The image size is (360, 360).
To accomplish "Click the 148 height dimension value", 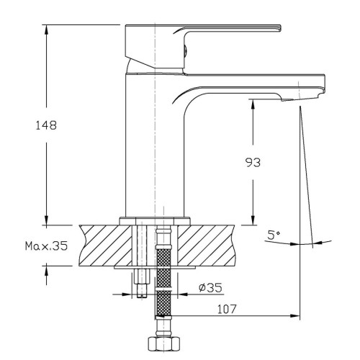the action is (46, 125).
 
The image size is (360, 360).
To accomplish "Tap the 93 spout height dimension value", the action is (253, 163).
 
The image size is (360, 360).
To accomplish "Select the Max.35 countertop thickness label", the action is (47, 246).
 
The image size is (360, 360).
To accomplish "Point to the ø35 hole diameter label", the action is (210, 287).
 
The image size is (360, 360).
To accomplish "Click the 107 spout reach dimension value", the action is (227, 309).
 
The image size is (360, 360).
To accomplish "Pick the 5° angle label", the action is (274, 235).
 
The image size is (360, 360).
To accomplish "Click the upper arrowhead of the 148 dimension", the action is (46, 29).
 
